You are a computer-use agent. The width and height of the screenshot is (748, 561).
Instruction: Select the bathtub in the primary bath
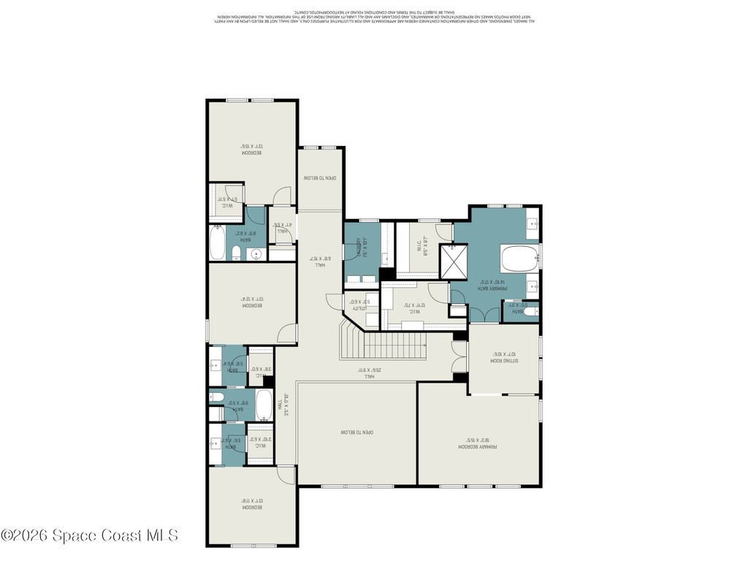(519, 259)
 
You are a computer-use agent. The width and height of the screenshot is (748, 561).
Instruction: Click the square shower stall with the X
(453, 261)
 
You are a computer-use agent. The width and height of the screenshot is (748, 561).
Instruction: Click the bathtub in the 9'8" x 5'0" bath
(264, 404)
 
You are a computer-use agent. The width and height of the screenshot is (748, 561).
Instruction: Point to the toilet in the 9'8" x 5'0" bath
(217, 397)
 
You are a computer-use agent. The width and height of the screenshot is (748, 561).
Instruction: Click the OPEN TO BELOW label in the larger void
(356, 432)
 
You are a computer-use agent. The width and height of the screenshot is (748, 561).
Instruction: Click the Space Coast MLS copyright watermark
(89, 535)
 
